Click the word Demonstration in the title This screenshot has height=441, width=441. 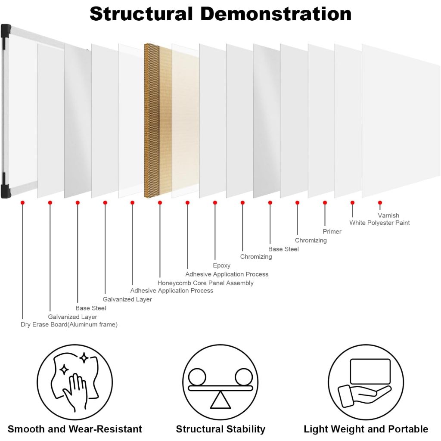coord(276,13)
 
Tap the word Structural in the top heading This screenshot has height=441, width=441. coord(141,13)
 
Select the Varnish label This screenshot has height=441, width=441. coord(388,215)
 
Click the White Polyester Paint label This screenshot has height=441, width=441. coord(379,223)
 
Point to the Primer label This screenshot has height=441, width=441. coord(332,232)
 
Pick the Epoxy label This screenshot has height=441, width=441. coord(222,265)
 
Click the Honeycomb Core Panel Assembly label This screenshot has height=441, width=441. coord(205,283)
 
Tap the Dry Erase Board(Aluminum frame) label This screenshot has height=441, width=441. coord(69,324)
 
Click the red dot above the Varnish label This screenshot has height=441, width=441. coord(380,202)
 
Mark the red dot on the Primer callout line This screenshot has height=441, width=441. coord(325,202)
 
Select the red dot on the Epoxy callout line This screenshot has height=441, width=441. coord(215,202)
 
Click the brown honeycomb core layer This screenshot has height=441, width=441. coord(152,121)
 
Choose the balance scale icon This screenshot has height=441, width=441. coord(220,382)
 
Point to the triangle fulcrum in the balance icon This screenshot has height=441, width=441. coord(220,401)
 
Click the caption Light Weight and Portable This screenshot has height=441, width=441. coord(366,429)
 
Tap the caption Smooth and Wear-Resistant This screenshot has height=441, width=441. coord(75,429)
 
